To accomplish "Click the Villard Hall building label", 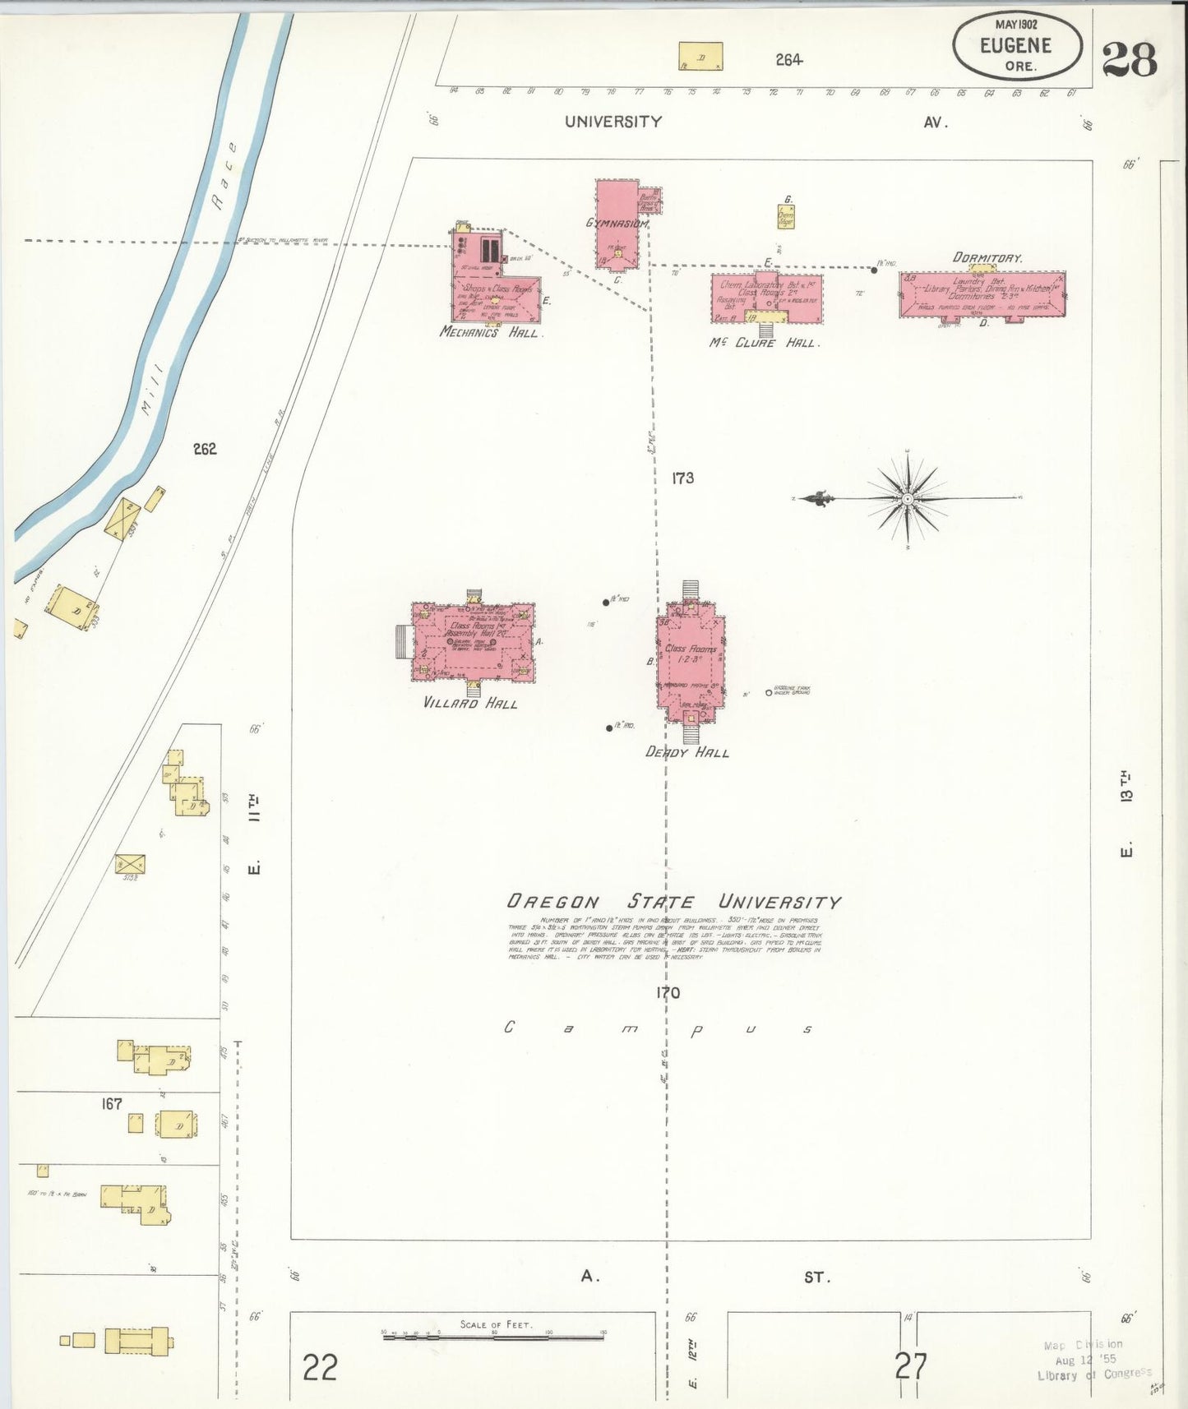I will click(x=470, y=704).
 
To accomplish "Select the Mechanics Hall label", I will click(x=489, y=332).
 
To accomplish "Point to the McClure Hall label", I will click(x=762, y=342).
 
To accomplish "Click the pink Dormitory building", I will click(x=982, y=294).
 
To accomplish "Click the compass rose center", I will click(x=907, y=499).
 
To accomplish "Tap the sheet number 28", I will click(x=1129, y=59).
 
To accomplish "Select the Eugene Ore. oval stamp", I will click(x=1016, y=45).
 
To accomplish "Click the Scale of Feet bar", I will click(x=493, y=1337).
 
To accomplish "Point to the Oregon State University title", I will click(x=673, y=902).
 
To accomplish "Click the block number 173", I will click(x=682, y=478).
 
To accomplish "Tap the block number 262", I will click(x=205, y=449).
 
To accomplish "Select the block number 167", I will click(x=112, y=1104).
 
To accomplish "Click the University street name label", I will click(x=612, y=122).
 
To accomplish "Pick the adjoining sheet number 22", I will click(x=320, y=1368).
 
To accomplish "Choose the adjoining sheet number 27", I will click(x=911, y=1366).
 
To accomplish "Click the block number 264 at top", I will click(x=788, y=59).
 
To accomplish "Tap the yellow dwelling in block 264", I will click(x=700, y=56).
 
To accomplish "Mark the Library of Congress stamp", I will click(x=1093, y=1360).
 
